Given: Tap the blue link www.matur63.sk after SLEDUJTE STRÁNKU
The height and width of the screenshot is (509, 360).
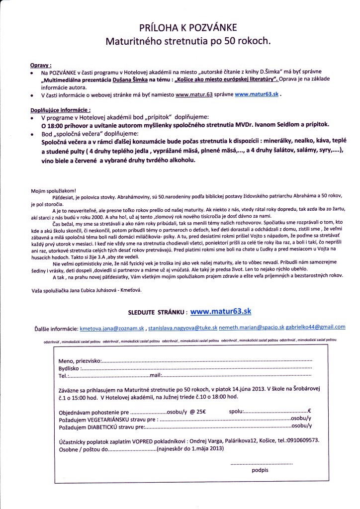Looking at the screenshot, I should (x=221, y=311).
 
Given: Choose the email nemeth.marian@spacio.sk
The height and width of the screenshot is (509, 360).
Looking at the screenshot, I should (x=253, y=328).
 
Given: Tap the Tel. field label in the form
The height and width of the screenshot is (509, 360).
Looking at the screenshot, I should (x=63, y=376).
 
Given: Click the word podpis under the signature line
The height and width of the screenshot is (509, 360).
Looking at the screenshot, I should (x=260, y=469).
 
